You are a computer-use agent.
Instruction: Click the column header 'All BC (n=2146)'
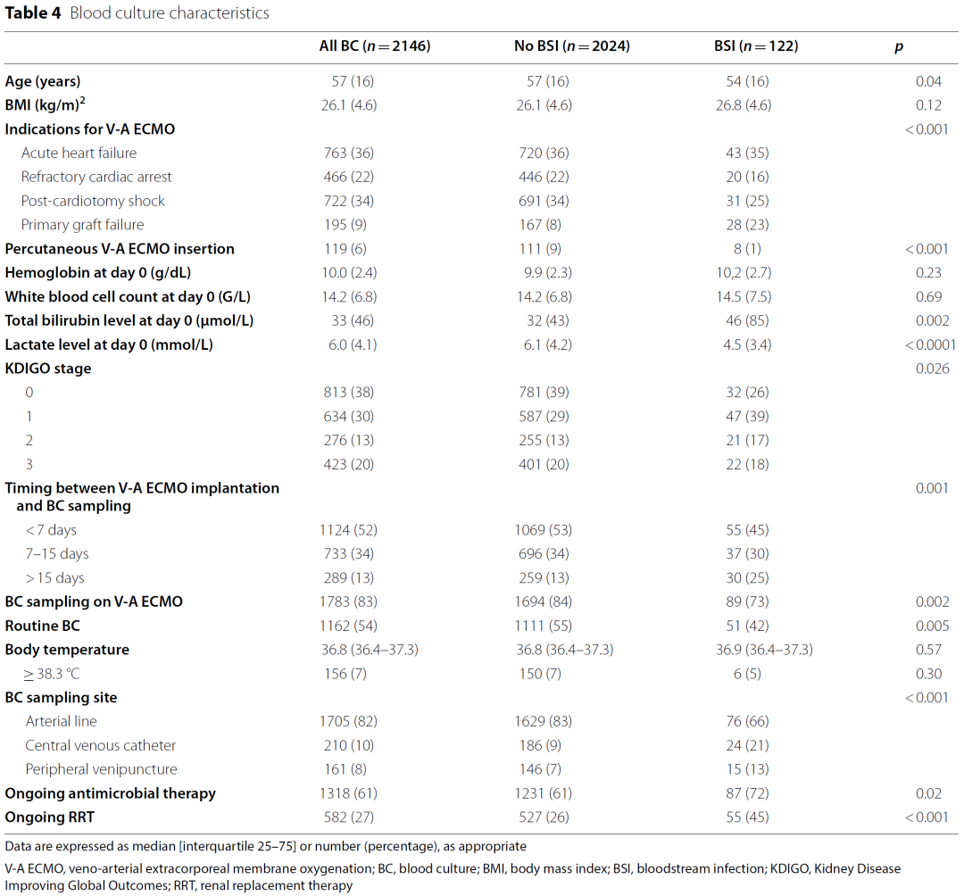pos(374,46)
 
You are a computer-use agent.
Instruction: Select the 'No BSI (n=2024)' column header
pos(572,46)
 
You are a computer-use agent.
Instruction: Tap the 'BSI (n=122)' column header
pos(756,46)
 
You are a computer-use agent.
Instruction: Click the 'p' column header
pos(899,47)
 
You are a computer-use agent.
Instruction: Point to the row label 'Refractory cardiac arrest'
pos(96,177)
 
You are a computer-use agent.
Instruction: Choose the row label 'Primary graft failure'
pos(82,225)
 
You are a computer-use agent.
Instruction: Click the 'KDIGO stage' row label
pos(48,369)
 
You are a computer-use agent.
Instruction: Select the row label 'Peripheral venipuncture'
pos(101,769)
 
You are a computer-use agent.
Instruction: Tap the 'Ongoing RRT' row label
pos(50,817)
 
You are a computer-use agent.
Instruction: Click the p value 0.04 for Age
pos(928,81)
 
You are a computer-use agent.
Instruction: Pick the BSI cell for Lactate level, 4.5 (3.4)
pos(747,344)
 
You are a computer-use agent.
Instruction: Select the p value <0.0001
pos(930,344)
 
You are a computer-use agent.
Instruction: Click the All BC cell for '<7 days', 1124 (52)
pos(349,530)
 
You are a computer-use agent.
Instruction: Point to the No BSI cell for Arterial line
pos(544,721)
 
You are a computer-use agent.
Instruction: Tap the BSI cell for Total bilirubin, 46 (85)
pos(747,320)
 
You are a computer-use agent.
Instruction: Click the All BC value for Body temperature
pos(370,650)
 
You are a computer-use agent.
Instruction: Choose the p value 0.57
pos(928,650)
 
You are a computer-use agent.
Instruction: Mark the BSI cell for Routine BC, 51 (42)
pos(747,626)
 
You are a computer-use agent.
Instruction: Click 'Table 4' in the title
pos(33,12)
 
